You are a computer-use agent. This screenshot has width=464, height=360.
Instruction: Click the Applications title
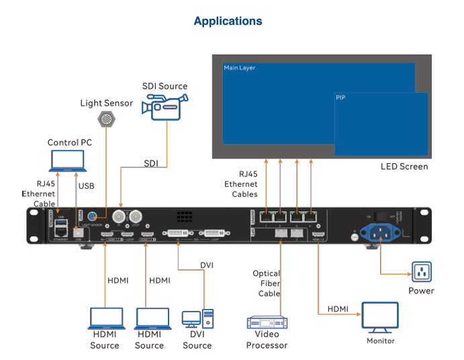click(228, 21)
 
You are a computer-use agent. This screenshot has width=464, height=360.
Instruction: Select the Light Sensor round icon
click(106, 120)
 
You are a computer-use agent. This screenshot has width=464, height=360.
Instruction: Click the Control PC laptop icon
click(68, 161)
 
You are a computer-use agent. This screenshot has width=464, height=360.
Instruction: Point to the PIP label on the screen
click(340, 98)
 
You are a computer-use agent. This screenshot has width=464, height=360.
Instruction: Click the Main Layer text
click(240, 68)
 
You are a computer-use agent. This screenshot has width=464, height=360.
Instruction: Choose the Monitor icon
click(380, 317)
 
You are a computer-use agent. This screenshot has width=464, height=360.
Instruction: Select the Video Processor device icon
click(267, 322)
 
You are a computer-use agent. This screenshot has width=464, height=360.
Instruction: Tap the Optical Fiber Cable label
click(266, 283)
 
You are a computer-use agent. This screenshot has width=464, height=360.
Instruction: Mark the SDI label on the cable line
click(152, 163)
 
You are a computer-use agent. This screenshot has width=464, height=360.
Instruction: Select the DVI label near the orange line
click(207, 265)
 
